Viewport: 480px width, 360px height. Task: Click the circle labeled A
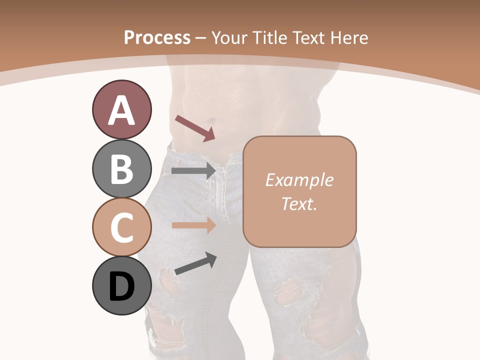(x=121, y=109)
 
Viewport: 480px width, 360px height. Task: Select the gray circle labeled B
(x=121, y=168)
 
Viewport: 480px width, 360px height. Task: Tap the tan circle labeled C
(x=121, y=227)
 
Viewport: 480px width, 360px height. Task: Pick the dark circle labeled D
(x=121, y=286)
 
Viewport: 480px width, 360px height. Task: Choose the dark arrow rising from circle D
(x=195, y=263)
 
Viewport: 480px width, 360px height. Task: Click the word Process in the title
(x=157, y=38)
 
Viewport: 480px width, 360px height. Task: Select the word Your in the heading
(x=229, y=38)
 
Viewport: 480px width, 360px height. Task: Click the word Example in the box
(x=299, y=180)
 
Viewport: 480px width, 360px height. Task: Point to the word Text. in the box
(x=299, y=203)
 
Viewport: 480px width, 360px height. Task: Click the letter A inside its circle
(x=121, y=110)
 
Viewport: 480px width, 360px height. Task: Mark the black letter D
(x=121, y=287)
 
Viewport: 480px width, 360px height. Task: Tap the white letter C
(x=121, y=227)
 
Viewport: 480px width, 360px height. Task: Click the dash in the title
(x=201, y=38)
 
